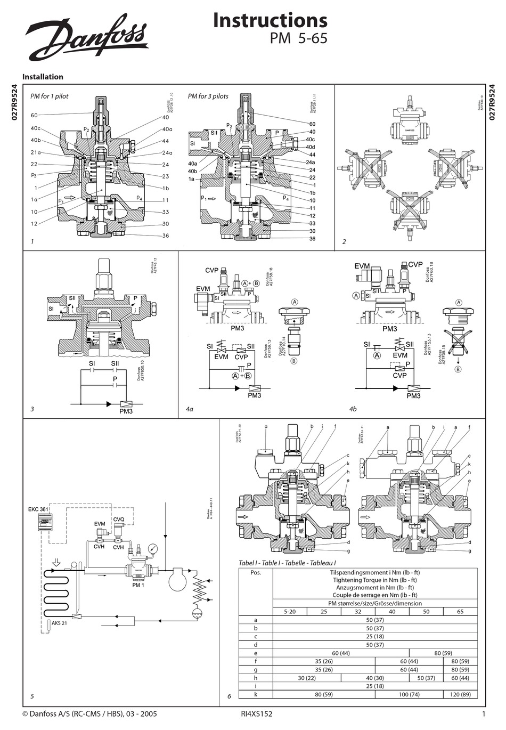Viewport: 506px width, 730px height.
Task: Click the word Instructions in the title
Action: [x=270, y=20]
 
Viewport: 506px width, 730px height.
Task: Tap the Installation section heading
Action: [x=43, y=77]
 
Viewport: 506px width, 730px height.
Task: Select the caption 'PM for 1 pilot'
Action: [x=49, y=96]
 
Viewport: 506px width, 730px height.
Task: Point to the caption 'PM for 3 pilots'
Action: [x=208, y=96]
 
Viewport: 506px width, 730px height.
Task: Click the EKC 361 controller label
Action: [x=38, y=509]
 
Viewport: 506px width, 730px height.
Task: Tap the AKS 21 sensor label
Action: [x=59, y=623]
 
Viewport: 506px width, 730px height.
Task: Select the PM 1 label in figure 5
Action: [x=138, y=585]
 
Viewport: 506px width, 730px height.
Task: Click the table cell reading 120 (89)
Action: [x=460, y=695]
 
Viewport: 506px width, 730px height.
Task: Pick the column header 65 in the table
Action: [x=460, y=611]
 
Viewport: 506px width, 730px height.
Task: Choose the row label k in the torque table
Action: [x=256, y=695]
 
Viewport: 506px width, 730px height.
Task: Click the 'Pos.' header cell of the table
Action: [x=256, y=573]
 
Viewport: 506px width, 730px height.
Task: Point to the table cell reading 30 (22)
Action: [x=307, y=678]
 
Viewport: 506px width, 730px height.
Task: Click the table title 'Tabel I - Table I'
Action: [x=287, y=563]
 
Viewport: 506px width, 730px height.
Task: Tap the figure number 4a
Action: [x=189, y=409]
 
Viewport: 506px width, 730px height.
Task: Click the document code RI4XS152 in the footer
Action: [x=257, y=714]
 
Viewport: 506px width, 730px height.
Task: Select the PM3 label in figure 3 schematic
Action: [x=126, y=411]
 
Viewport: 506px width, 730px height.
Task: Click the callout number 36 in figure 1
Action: [x=166, y=236]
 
